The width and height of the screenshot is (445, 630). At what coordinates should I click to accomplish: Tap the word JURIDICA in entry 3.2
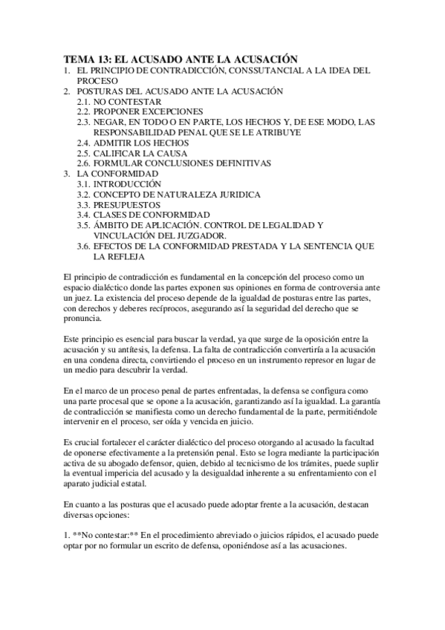coord(236,194)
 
